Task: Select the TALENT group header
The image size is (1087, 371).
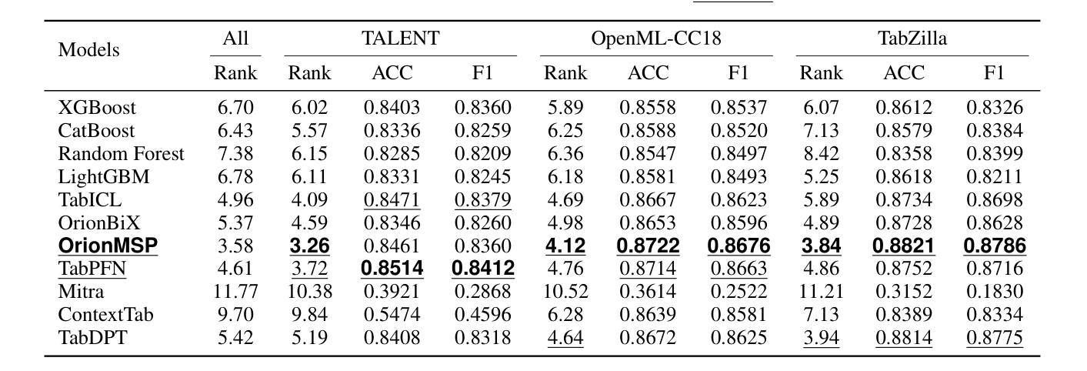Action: click(399, 38)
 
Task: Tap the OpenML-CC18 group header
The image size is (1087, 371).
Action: click(655, 38)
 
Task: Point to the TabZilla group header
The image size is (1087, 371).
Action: click(912, 38)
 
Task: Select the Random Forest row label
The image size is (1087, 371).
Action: click(122, 154)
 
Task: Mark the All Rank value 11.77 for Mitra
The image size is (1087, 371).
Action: click(235, 292)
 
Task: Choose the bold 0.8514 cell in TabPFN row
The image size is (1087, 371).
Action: click(391, 269)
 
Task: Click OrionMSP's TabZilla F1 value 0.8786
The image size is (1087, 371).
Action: click(994, 246)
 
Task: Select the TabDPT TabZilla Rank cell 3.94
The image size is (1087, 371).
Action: click(821, 339)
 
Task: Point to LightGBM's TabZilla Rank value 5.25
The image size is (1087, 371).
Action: click(821, 177)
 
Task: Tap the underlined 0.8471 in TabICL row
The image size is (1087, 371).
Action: click(391, 200)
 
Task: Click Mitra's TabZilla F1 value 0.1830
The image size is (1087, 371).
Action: click(994, 292)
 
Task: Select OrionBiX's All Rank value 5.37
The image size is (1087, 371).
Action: click(235, 223)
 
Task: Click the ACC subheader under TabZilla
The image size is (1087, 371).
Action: click(903, 74)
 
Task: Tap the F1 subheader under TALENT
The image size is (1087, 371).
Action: click(482, 74)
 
